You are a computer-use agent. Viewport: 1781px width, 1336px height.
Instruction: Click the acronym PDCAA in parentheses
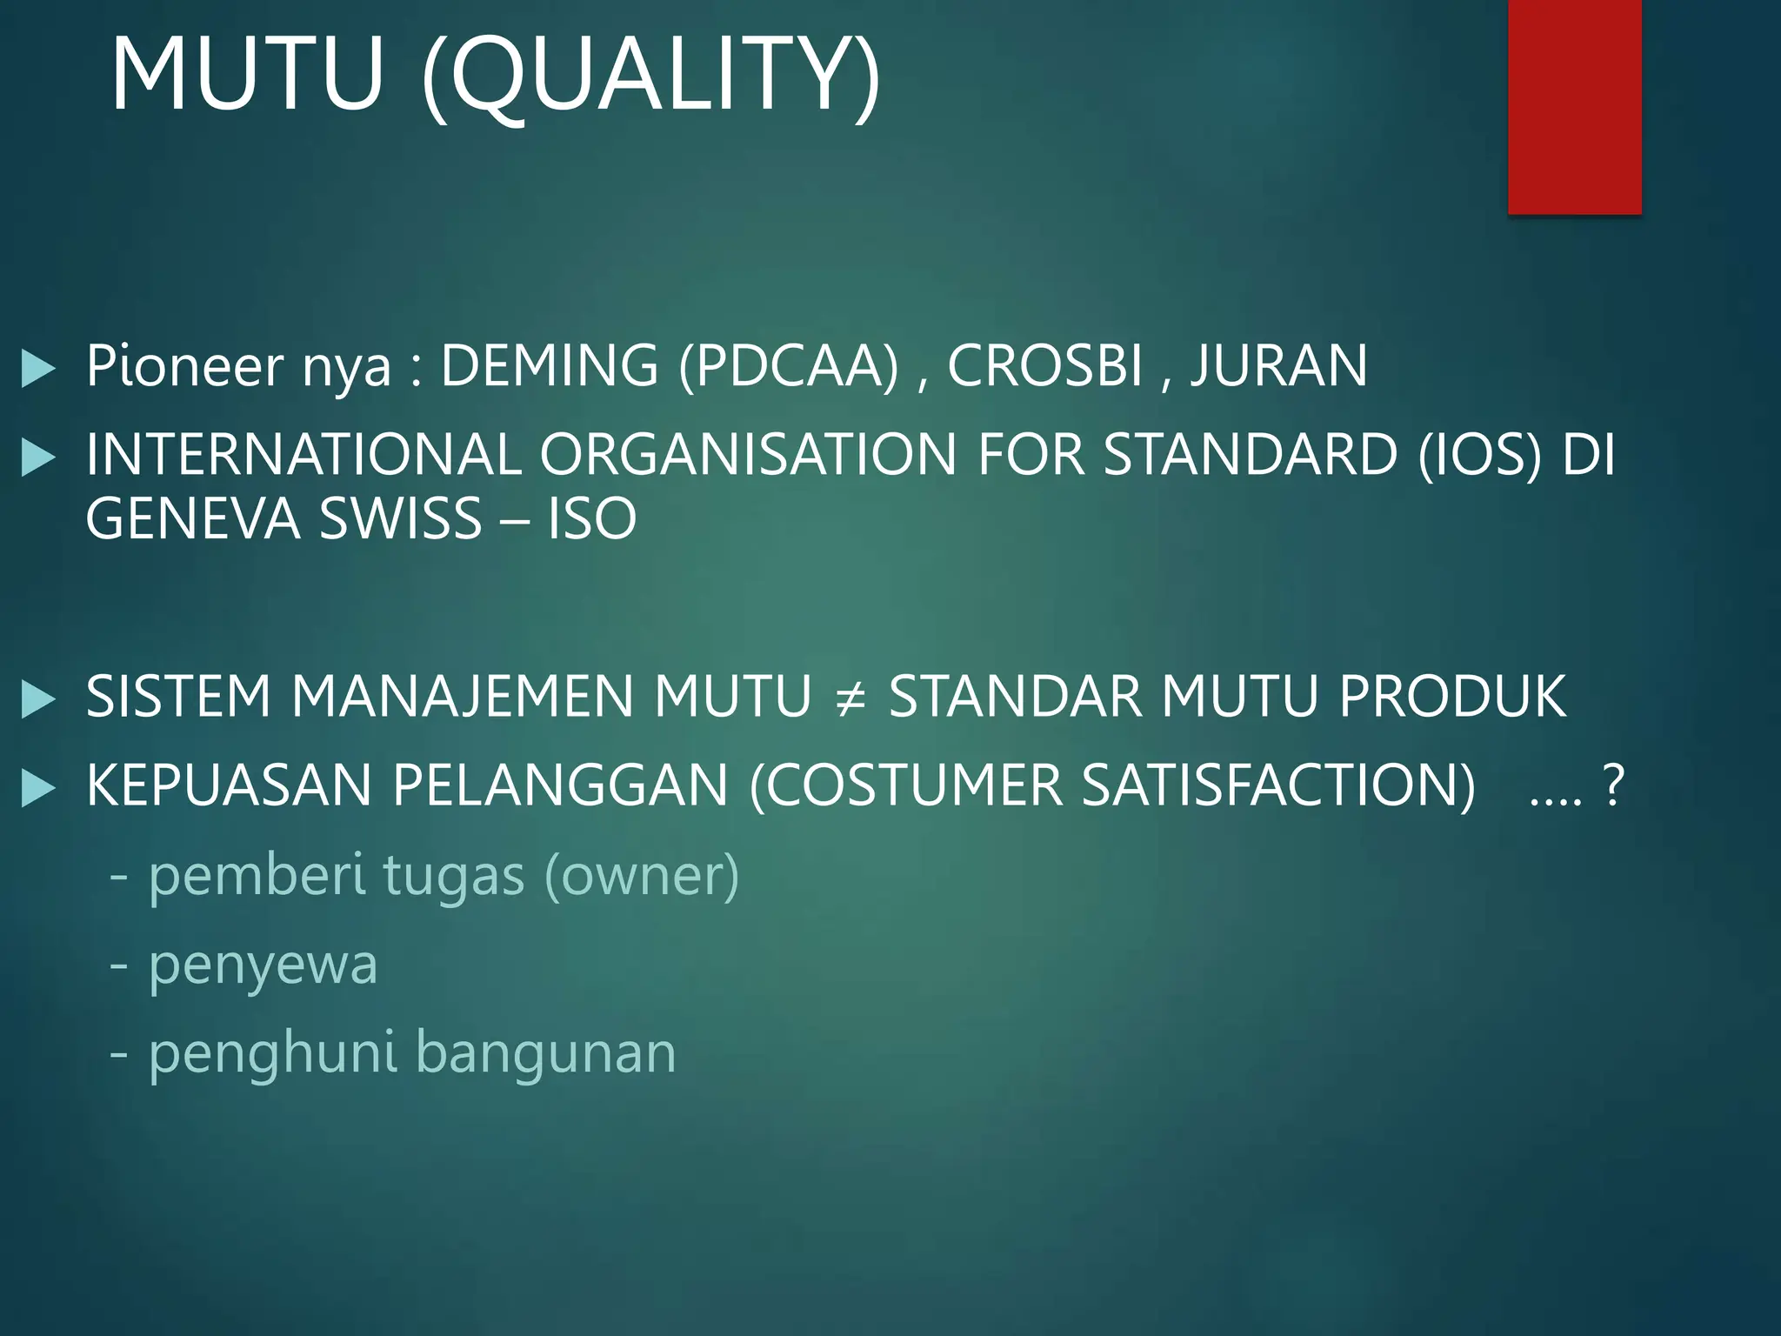789,365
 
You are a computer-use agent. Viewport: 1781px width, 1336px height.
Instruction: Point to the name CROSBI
1044,365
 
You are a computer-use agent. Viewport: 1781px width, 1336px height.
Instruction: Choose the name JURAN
1279,365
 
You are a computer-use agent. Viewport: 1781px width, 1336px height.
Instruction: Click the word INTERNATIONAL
304,455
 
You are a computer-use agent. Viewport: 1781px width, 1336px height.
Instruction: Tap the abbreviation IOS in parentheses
1479,455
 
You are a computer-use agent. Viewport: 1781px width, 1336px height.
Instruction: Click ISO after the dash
592,519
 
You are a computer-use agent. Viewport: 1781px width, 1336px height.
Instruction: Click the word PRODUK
1452,697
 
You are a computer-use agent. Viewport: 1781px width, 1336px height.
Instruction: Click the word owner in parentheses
642,877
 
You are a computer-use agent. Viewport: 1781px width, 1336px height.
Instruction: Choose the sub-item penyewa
263,965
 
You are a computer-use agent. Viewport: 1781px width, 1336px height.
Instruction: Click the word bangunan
546,1053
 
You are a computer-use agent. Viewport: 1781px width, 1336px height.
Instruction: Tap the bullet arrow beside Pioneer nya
38,369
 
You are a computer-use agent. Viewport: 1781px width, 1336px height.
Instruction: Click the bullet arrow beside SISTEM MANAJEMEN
38,700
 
